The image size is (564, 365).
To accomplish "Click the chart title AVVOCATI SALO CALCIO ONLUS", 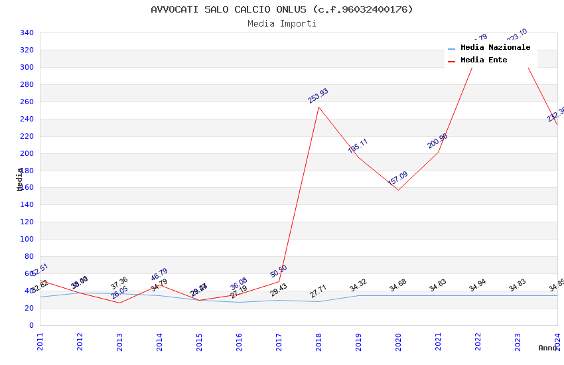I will click(282, 9).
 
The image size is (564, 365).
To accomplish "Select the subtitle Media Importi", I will click(282, 24).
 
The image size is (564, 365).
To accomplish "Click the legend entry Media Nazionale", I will click(495, 48).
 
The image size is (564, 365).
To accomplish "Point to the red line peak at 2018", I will click(318, 107).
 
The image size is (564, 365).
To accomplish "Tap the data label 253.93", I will click(318, 96).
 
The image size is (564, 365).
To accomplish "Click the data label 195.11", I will click(358, 146).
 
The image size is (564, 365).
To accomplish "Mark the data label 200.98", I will click(437, 141).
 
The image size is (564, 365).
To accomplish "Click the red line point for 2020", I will click(398, 190).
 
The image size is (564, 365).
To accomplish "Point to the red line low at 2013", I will click(119, 303).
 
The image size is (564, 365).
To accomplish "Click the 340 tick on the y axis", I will click(27, 33).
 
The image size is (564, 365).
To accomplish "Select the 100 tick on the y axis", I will click(27, 240).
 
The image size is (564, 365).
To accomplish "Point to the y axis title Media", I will click(20, 179).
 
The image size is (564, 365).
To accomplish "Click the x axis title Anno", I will click(547, 348).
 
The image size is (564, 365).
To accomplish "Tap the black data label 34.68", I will click(398, 285).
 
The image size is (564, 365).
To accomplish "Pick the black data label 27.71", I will click(318, 292).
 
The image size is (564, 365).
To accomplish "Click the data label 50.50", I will click(278, 271).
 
